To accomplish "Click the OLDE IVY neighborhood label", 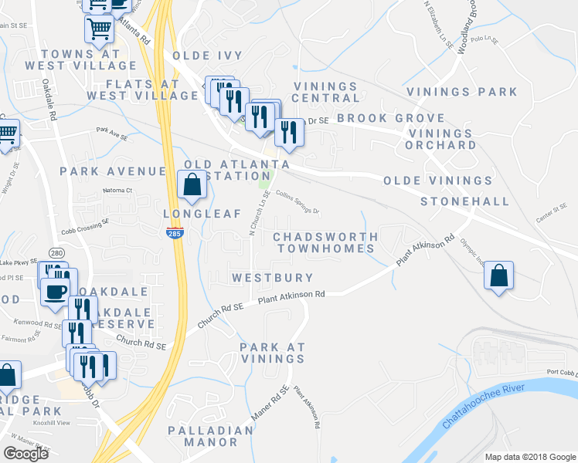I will pos(207,56).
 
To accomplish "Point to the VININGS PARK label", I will pos(475,92).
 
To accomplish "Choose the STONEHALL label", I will pos(464,201).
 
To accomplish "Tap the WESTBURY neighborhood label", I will pos(273,278).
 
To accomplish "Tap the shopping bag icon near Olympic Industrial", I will pos(500,275).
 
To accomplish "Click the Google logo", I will pos(25,454).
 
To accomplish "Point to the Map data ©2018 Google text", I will pos(530,457).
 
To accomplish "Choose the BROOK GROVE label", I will pos(390,118).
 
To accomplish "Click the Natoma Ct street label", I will pos(117,190).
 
